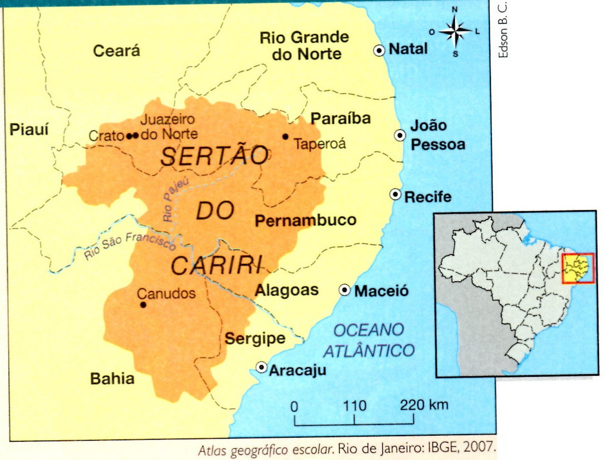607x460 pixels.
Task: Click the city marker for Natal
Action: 379,50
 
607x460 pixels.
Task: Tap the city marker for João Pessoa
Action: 400,135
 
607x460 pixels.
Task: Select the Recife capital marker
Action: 395,195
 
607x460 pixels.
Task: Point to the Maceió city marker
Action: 345,290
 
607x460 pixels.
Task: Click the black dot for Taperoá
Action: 285,137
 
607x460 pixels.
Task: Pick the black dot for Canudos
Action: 143,305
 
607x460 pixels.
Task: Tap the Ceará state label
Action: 117,51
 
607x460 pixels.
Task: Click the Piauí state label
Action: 29,130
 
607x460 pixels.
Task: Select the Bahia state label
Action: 112,379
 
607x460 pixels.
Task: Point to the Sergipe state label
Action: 255,339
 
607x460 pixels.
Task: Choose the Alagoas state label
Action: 287,290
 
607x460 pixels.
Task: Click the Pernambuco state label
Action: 305,221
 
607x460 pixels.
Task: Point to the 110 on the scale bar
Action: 354,406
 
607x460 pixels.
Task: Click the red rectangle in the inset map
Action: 578,269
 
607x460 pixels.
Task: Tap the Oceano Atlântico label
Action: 369,340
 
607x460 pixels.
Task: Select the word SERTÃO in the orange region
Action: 215,156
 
